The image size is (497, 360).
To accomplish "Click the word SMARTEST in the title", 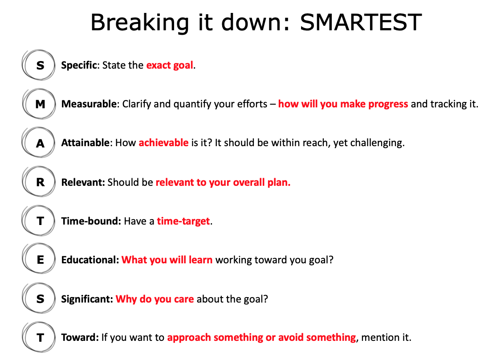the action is coord(361,22).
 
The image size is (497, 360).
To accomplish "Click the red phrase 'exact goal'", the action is coord(170,65).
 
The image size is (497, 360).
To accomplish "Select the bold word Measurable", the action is coord(89,104).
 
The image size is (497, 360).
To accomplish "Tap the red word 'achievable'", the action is coord(163,143).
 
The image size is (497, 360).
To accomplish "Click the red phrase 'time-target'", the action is coord(183,221).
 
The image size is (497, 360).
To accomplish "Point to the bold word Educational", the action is coord(90,260).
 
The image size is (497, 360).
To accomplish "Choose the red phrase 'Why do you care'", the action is coord(155,299).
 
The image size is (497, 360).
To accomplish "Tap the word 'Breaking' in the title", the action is coord(140,23).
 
